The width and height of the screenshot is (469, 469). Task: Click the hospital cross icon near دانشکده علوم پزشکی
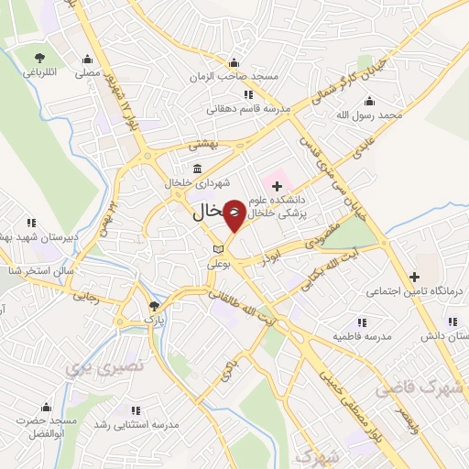point(278,187)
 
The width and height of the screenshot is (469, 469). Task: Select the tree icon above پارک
point(153,306)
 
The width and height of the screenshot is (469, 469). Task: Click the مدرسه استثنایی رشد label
point(136,426)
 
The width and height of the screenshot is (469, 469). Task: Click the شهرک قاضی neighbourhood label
point(432,388)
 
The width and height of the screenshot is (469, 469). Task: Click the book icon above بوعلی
point(217,248)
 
